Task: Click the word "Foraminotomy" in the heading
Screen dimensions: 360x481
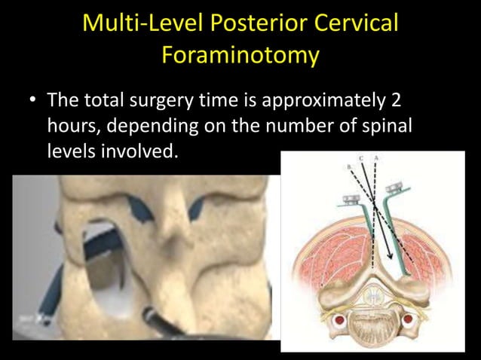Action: coord(240,56)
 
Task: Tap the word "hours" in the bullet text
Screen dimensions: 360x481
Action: coord(69,126)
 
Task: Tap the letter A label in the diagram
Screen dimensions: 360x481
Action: coord(375,158)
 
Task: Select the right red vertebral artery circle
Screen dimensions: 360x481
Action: coord(408,319)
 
